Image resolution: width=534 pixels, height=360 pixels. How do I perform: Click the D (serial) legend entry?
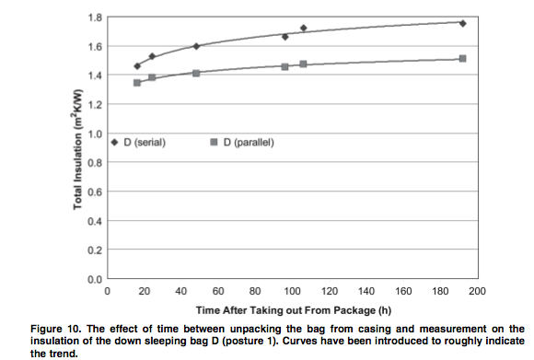(x=139, y=143)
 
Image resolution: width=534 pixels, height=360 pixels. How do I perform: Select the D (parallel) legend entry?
(x=242, y=143)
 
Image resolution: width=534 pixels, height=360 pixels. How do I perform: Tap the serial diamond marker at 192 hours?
(x=462, y=24)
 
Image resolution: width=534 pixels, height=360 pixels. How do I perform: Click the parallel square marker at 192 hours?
(x=462, y=59)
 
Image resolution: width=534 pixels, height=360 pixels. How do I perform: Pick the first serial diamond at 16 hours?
(x=137, y=66)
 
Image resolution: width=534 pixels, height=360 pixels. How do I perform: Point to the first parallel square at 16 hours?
(x=137, y=83)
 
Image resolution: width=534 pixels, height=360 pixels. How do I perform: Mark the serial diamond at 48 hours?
(x=196, y=46)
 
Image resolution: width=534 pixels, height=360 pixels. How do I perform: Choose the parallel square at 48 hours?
(x=196, y=74)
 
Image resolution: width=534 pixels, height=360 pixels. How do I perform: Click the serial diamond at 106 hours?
(x=304, y=28)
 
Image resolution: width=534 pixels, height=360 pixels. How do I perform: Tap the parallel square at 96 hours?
(x=285, y=67)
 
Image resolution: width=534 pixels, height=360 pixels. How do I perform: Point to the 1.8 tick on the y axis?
(x=95, y=17)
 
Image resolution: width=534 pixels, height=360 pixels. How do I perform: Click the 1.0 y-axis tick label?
(x=95, y=134)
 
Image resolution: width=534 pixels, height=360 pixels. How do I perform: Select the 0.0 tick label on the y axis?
(x=95, y=280)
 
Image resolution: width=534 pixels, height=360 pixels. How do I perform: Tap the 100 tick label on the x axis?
(x=292, y=291)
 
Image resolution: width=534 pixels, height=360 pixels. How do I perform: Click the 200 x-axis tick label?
(x=477, y=291)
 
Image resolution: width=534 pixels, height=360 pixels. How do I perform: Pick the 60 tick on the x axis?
(x=218, y=291)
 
